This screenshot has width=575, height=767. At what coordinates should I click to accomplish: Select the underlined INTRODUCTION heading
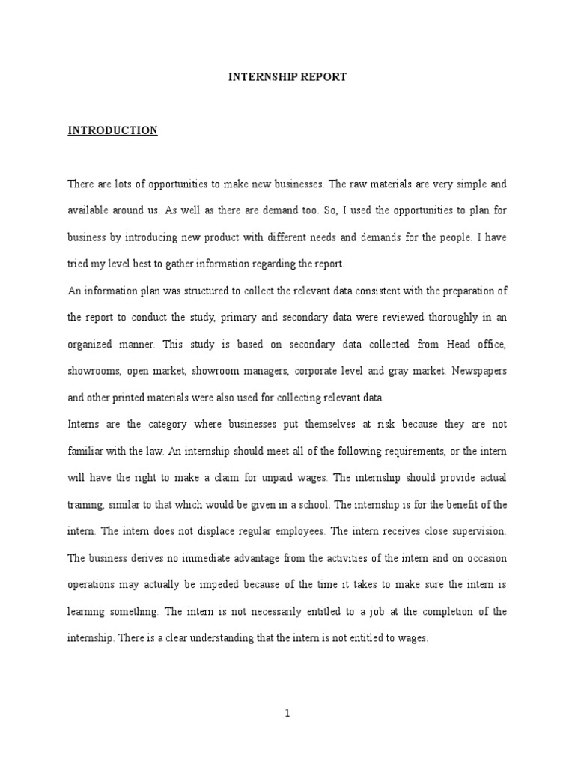point(113,130)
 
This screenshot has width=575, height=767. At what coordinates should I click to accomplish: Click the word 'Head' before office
point(438,344)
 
